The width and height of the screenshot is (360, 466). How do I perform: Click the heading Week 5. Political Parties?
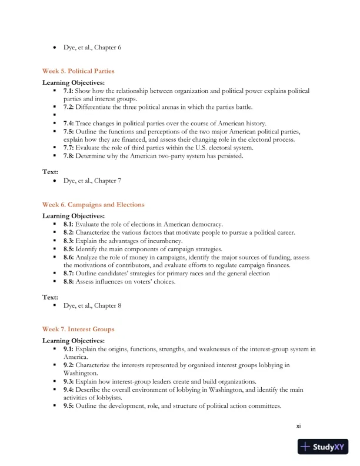point(78,71)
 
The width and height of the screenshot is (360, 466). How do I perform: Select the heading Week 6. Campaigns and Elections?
point(93,205)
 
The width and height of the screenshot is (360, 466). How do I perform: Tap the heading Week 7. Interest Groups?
point(78,329)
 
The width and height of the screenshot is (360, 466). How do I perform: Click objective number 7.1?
point(69,91)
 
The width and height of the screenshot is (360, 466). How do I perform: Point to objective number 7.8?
point(69,156)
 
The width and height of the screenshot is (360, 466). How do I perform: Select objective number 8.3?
point(69,241)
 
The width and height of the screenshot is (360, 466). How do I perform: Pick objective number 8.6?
point(69,258)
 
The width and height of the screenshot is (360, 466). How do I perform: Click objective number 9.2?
point(69,365)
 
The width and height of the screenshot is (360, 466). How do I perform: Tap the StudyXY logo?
point(323,447)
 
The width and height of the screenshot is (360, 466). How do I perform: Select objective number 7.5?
point(69,132)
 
